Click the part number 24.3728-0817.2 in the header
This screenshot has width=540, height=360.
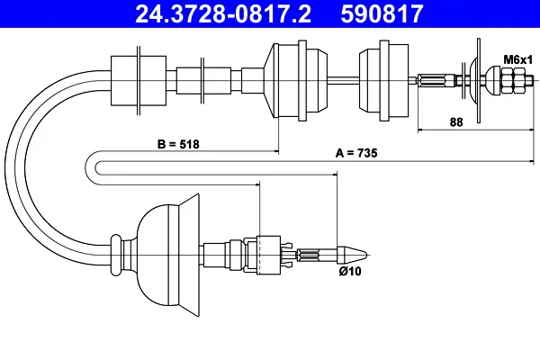coord(223,13)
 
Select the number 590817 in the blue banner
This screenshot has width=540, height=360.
coord(382,13)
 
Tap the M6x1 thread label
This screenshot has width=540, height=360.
coord(518,59)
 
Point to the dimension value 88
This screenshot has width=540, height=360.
coord(456,122)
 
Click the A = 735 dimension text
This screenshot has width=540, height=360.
coord(356,153)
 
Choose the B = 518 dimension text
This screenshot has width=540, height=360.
coord(178,144)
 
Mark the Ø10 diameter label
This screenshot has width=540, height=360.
coord(350,271)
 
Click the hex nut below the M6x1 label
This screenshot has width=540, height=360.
coord(513,81)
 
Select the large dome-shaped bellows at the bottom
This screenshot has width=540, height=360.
coord(169,255)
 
